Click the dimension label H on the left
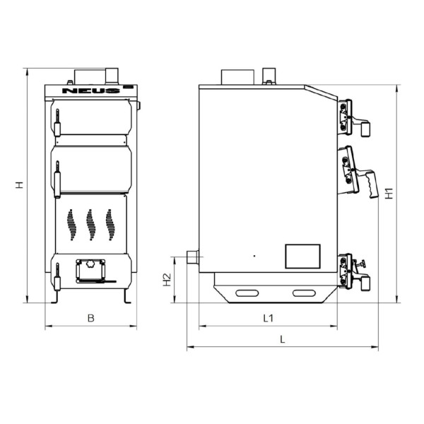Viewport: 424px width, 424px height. tap(19, 185)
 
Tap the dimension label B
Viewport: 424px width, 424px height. tap(91, 318)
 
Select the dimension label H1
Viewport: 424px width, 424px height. tap(389, 194)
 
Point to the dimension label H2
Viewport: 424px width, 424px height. tap(167, 280)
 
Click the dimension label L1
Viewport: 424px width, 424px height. tap(269, 318)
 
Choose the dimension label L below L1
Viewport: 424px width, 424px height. tap(282, 339)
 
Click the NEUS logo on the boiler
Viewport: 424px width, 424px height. tap(91, 90)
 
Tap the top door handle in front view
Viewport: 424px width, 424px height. tap(57, 123)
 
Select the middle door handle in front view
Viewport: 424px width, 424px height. tap(57, 179)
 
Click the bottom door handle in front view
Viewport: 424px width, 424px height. tap(57, 276)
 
